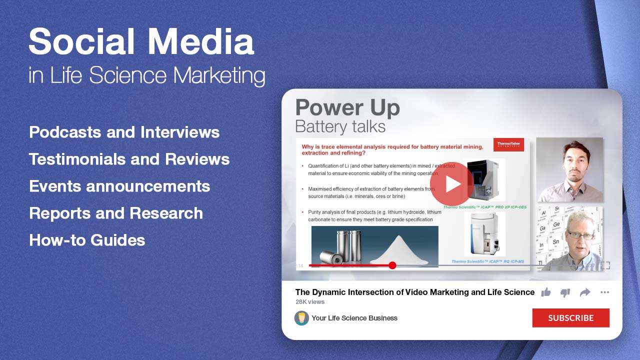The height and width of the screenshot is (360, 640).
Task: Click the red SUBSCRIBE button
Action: point(570,318)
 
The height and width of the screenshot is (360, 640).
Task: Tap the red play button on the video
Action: point(451,183)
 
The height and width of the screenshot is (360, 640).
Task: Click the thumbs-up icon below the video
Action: point(546,292)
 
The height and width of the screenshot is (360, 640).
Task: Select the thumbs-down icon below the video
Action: point(565,292)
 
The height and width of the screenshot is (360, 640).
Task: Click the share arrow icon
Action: point(585,292)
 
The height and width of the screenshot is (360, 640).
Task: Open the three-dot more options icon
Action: point(604,292)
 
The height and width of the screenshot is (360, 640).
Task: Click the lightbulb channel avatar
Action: point(301,318)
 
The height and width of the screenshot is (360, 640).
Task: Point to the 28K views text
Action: point(310,302)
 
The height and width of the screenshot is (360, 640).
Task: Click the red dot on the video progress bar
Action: point(392,265)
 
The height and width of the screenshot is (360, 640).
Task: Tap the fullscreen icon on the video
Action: point(605,265)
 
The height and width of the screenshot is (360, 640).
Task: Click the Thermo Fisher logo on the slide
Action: point(508,145)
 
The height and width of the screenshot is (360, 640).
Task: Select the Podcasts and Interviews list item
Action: point(124,132)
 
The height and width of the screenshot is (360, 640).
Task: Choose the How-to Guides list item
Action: point(87,240)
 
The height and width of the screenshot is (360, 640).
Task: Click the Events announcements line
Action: point(119,186)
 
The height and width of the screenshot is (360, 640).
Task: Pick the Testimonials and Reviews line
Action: point(129,159)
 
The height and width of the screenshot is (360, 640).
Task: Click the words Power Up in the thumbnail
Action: point(347,108)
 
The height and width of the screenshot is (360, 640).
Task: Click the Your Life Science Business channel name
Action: point(354,318)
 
